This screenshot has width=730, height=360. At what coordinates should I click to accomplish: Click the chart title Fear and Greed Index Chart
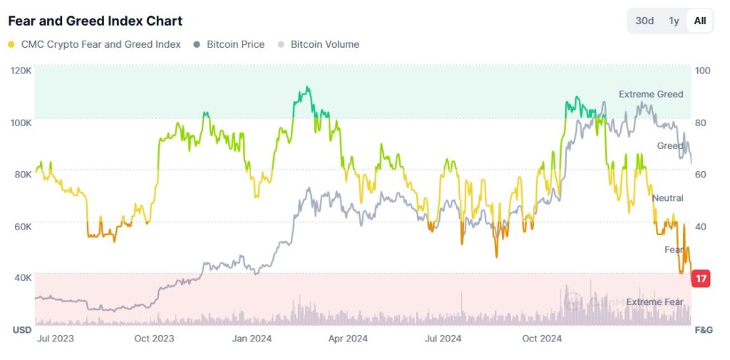[95, 21]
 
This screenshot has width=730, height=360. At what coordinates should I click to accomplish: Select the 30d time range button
[644, 21]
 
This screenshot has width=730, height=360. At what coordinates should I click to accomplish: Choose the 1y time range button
[674, 21]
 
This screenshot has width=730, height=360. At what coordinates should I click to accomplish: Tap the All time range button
[700, 21]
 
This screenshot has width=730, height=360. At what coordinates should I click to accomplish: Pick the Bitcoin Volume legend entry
[318, 44]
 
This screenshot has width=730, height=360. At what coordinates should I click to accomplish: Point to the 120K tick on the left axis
[21, 71]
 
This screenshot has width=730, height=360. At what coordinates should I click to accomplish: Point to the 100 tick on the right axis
[702, 71]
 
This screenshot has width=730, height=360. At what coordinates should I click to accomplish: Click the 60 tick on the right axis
[701, 175]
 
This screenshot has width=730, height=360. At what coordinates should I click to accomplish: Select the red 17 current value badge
[701, 279]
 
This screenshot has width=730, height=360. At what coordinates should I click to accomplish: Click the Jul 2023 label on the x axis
[54, 339]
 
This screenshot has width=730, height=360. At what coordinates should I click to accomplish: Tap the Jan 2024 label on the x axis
[250, 339]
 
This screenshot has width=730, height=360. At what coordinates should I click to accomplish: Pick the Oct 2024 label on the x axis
[542, 339]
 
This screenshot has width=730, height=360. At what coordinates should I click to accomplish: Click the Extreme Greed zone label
[650, 94]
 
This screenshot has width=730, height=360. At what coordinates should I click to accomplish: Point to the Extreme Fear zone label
[654, 302]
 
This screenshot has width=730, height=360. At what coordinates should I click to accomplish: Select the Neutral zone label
[667, 198]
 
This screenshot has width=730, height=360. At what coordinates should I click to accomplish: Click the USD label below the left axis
[21, 330]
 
